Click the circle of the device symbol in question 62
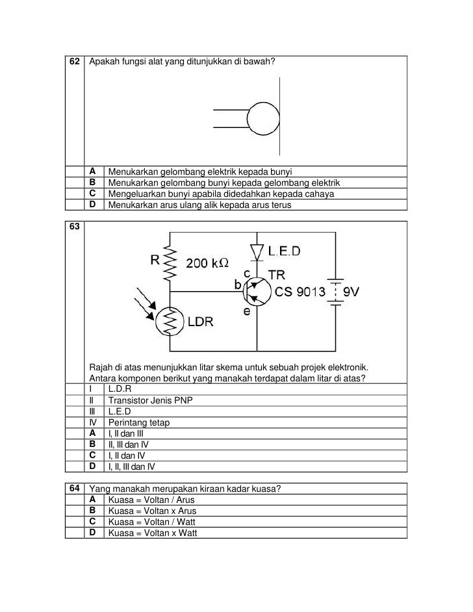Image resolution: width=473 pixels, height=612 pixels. pyautogui.click(x=264, y=119)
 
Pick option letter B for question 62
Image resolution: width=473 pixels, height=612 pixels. pyautogui.click(x=93, y=183)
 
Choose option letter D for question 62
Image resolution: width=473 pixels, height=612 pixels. pyautogui.click(x=93, y=205)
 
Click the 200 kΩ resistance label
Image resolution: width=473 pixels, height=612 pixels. pyautogui.click(x=208, y=264)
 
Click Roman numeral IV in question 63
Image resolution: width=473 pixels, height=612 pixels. pyautogui.click(x=92, y=422)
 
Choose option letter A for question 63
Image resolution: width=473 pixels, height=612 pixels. pyautogui.click(x=93, y=433)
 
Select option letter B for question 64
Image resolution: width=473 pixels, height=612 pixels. pyautogui.click(x=93, y=511)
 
